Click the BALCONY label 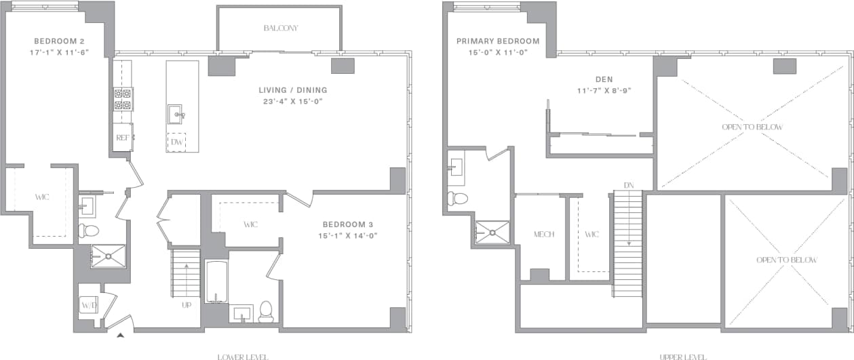280,28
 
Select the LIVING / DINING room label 292,90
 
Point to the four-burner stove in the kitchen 123,99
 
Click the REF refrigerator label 123,137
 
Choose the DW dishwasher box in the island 176,142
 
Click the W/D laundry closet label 88,306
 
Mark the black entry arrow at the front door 121,334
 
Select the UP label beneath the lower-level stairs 186,305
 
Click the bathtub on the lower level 216,281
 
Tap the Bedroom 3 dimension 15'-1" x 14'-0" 349,236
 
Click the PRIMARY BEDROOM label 498,41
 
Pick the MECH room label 544,235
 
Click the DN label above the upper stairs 628,185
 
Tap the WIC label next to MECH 591,235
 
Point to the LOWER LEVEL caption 242,357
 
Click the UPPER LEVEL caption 682,357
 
